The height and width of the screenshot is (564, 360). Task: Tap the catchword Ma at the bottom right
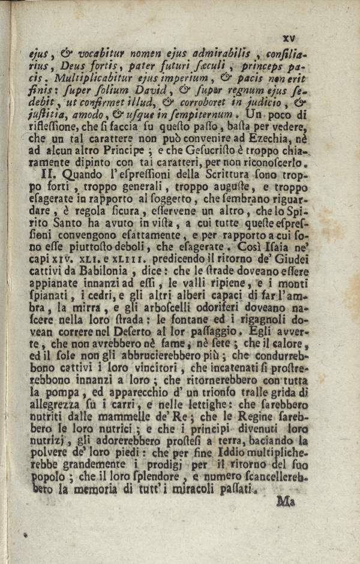[x=287, y=501]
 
